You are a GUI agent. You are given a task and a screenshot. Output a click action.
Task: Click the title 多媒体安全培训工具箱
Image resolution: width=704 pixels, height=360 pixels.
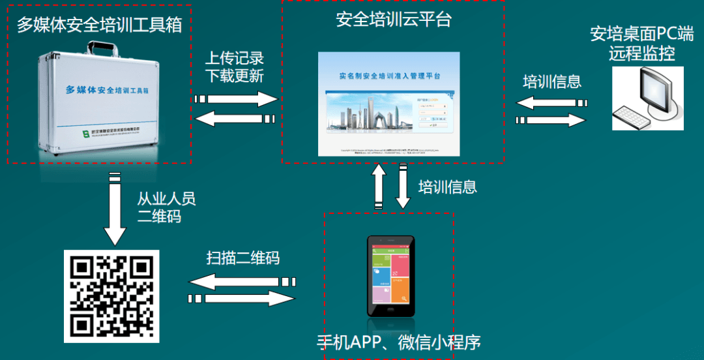point(98,25)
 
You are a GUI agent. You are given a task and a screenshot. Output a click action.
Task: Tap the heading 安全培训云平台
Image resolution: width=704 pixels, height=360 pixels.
point(394,20)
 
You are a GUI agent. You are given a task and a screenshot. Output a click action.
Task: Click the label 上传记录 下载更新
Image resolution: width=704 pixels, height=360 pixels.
point(235,67)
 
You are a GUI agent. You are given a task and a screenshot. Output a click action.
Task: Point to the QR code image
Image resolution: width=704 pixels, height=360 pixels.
point(111,295)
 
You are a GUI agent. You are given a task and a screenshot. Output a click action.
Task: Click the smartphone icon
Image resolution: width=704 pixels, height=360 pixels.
point(390,276)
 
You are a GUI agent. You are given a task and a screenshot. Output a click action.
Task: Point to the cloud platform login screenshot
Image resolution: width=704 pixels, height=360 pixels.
point(389,104)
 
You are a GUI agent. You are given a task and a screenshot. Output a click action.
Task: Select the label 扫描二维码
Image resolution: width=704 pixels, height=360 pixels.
point(243,258)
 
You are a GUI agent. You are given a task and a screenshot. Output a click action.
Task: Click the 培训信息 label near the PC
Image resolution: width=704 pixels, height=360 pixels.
point(552,82)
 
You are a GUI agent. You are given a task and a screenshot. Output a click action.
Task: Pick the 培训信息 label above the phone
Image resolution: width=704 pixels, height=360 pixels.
point(447,187)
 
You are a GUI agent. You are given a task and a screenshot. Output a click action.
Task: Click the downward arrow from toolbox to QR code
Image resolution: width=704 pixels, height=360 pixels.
point(115,211)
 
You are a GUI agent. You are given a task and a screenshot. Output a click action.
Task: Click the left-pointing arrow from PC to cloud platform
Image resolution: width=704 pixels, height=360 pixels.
point(551,103)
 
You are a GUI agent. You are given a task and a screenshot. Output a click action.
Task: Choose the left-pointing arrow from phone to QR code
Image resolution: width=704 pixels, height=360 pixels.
point(242,282)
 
